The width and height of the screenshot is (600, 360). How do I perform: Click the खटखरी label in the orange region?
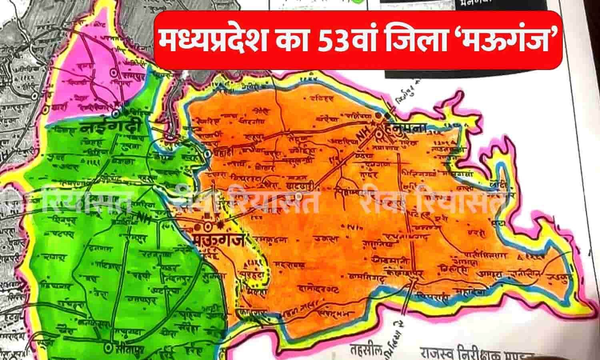pos(298,186)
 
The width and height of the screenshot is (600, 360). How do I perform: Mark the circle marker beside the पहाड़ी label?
pos(207,154)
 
